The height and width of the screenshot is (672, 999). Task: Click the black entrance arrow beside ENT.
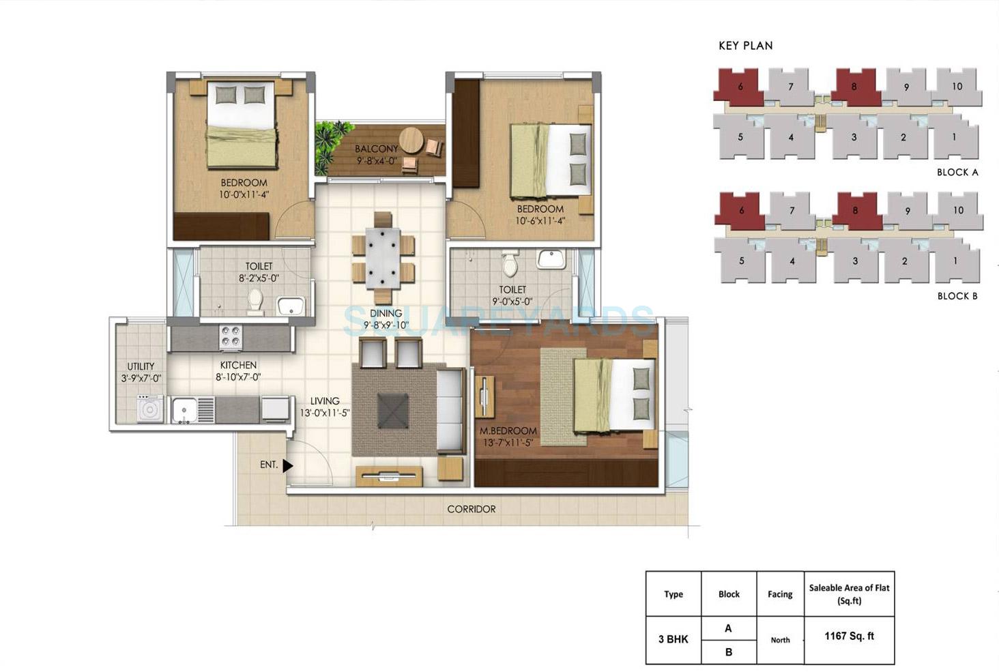tap(287, 465)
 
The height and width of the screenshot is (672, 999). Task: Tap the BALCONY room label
tap(376, 149)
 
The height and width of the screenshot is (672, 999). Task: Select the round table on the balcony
tap(411, 141)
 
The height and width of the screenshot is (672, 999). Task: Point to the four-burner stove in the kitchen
tap(231, 337)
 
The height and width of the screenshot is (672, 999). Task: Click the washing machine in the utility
tap(149, 410)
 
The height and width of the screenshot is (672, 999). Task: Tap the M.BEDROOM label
tap(508, 431)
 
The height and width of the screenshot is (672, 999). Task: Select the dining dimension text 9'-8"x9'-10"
tap(386, 325)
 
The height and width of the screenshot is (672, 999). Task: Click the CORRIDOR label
tap(472, 509)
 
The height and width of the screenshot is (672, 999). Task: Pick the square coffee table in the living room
tap(394, 410)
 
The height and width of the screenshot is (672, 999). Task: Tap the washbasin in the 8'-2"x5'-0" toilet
tap(291, 306)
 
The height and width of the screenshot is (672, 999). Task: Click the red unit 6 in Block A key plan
tap(739, 87)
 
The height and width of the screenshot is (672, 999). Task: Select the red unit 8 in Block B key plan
tap(854, 211)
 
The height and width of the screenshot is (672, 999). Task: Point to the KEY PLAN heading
tap(745, 46)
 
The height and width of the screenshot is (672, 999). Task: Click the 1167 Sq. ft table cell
tap(849, 637)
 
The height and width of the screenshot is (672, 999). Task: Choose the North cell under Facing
tap(780, 640)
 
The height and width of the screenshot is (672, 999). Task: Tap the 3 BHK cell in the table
tap(673, 639)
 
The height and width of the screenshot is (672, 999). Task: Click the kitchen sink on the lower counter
tap(185, 410)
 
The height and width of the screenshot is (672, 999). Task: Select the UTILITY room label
tap(141, 366)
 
